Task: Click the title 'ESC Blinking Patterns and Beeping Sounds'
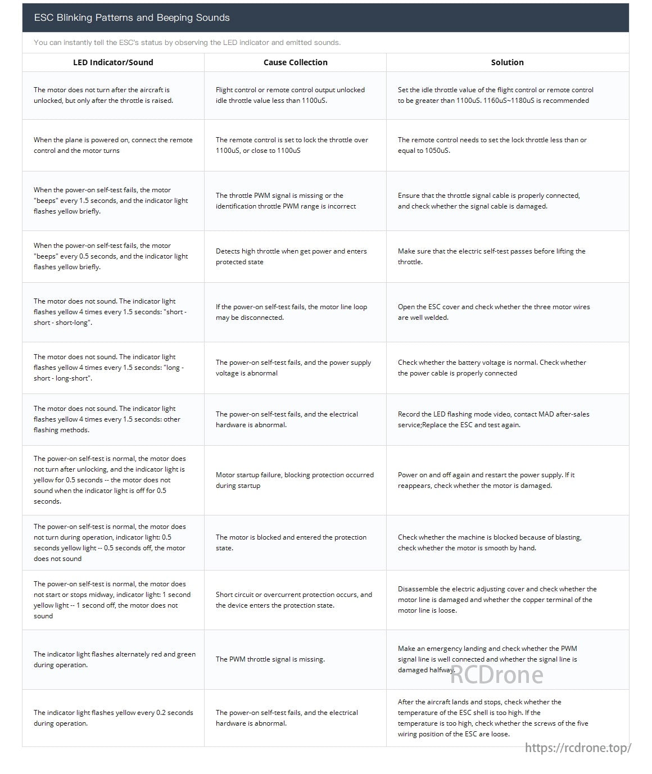point(132,17)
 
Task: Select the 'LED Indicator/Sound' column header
point(113,62)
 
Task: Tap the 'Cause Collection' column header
point(295,62)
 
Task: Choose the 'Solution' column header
point(507,62)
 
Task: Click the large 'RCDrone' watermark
point(496,675)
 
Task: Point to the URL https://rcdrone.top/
point(578,748)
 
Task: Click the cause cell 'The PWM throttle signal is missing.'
point(270,659)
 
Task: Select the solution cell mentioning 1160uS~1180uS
point(495,95)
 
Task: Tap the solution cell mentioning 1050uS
point(492,145)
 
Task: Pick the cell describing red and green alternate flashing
point(114,659)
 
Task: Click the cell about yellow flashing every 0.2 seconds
point(113,718)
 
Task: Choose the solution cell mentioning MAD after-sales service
point(493,419)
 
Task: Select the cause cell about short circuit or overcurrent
point(293,600)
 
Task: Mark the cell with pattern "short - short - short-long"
point(110,312)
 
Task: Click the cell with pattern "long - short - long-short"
point(108,368)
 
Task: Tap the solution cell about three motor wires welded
point(493,312)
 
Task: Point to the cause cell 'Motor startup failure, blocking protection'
point(295,480)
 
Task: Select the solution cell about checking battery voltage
point(492,368)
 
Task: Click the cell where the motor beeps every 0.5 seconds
point(110,256)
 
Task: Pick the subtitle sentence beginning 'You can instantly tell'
point(187,43)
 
